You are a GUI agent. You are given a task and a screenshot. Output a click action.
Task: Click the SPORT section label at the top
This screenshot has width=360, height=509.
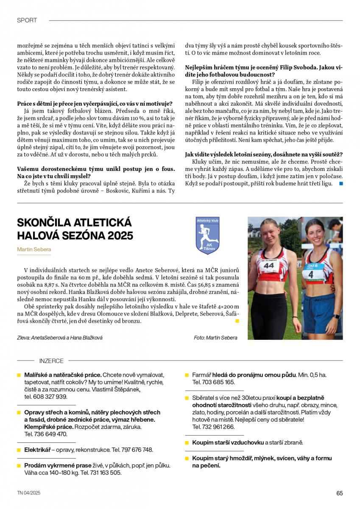[27, 20]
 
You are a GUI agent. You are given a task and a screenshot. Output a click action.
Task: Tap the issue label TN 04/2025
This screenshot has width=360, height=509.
[29, 493]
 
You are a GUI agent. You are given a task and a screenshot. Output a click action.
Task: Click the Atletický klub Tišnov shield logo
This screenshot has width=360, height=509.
[207, 235]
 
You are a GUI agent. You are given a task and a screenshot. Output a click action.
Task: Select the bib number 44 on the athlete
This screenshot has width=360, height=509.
[269, 266]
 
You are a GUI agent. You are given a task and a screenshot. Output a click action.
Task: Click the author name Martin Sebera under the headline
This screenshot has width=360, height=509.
[33, 249]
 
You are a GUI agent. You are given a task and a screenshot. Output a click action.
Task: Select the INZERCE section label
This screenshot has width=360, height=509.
[51, 361]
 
